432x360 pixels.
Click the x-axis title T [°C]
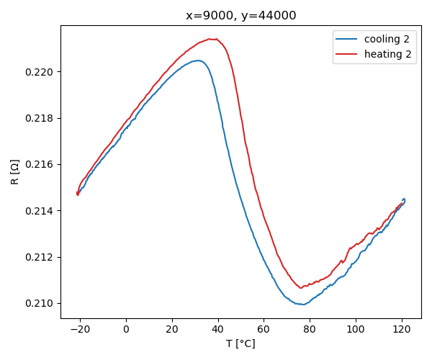pyautogui.click(x=240, y=343)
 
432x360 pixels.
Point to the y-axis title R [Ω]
pyautogui.click(x=15, y=172)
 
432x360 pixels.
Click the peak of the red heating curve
pyautogui.click(x=213, y=39)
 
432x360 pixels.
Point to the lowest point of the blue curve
pyautogui.click(x=303, y=305)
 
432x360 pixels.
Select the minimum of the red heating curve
pyautogui.click(x=301, y=288)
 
